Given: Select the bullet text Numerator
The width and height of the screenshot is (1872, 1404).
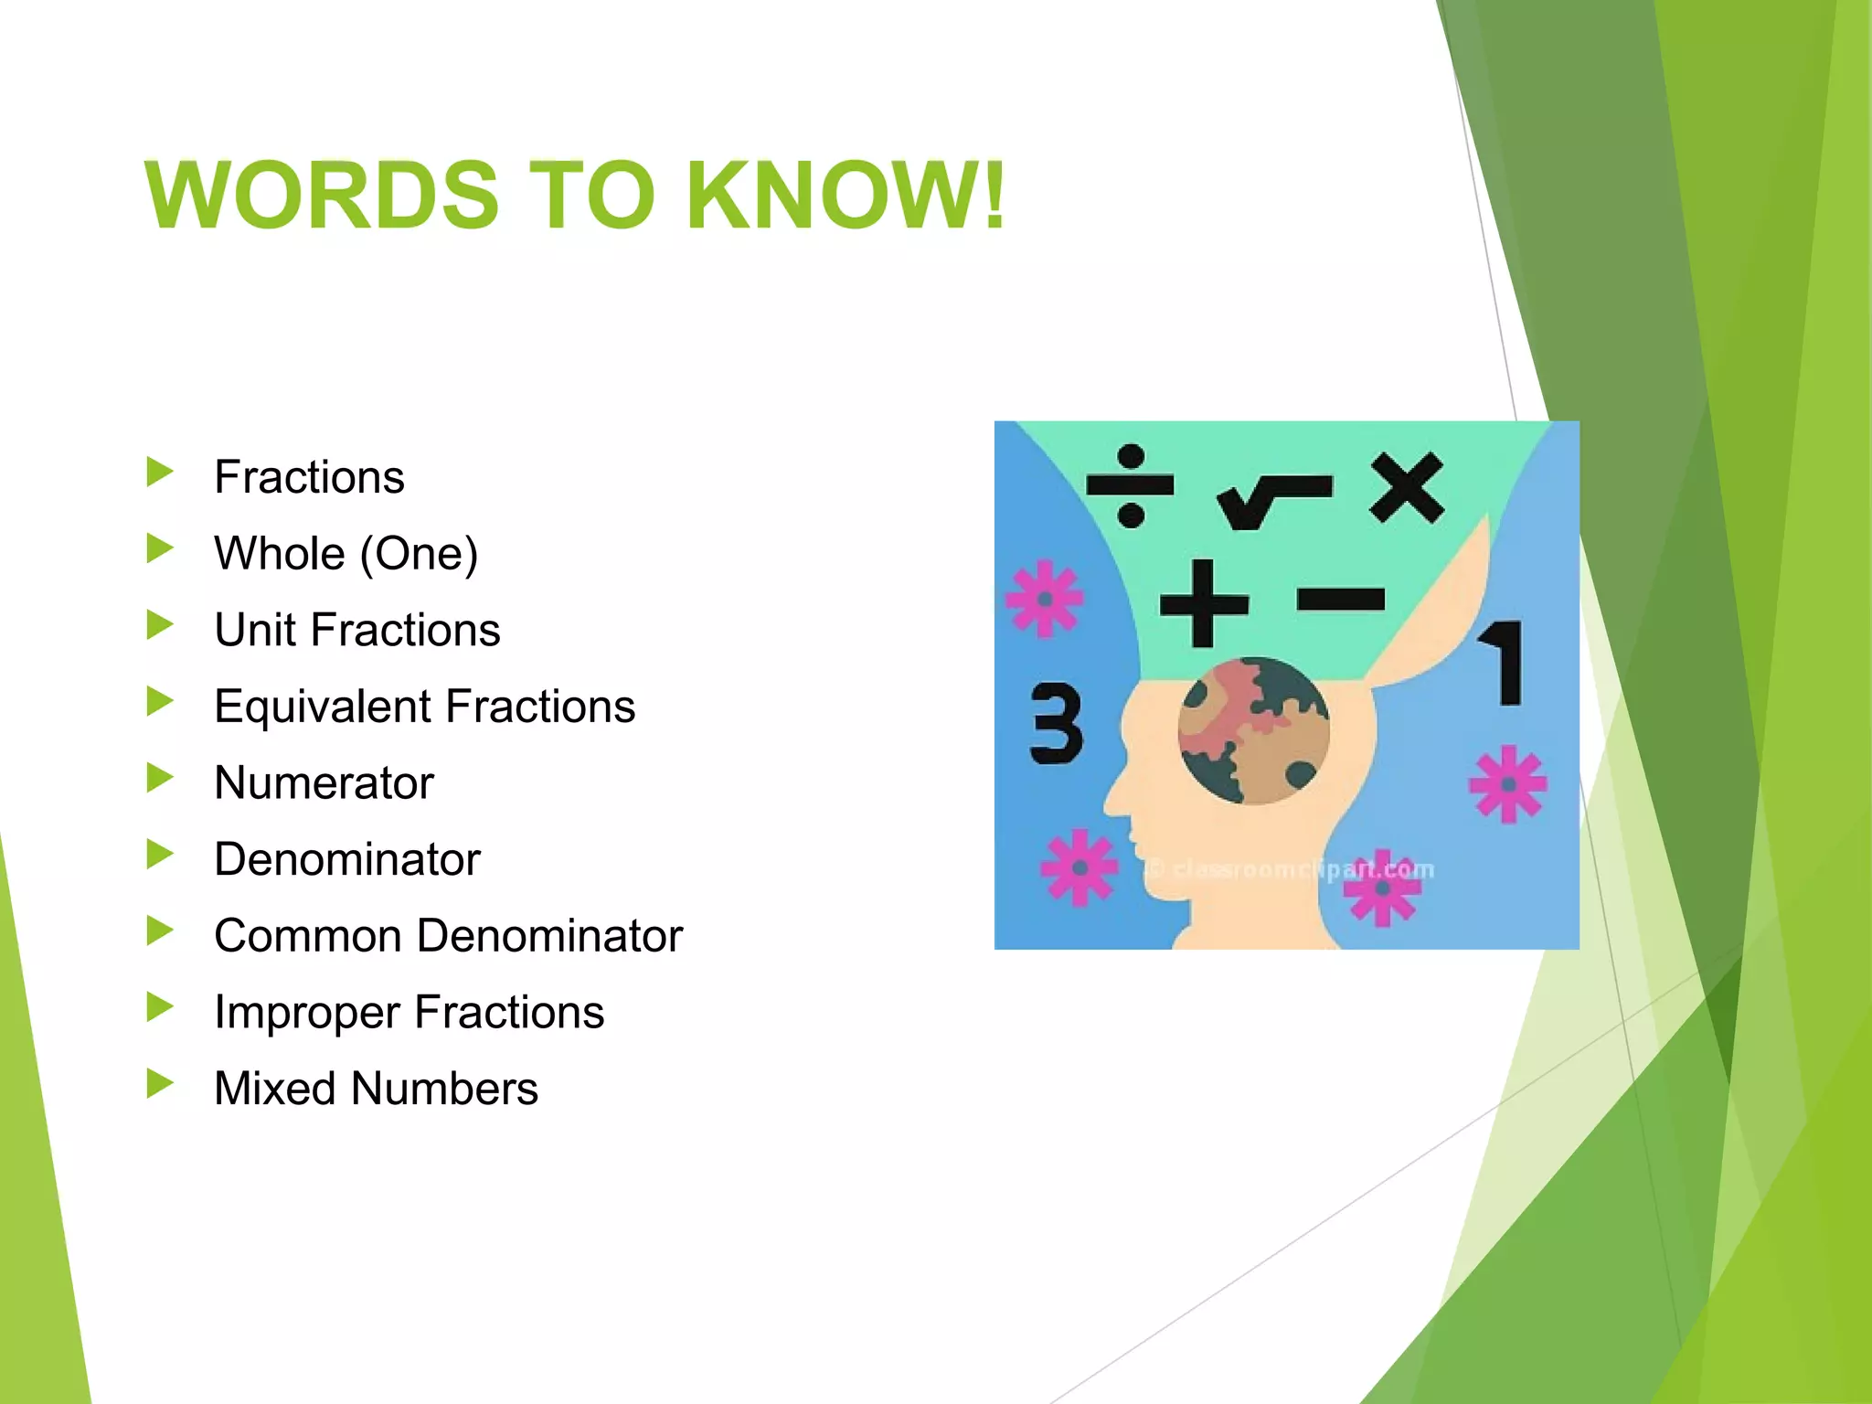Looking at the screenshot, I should pos(324,783).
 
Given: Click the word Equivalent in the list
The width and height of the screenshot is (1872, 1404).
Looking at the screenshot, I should pos(323,707).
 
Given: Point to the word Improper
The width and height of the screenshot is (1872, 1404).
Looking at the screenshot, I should pos(306,1013).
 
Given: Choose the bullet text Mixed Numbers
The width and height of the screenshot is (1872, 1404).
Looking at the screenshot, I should pos(376,1089).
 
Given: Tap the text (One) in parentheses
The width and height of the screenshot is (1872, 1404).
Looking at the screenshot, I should pos(419,554).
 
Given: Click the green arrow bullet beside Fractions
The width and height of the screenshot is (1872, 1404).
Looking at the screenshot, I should pos(160,473).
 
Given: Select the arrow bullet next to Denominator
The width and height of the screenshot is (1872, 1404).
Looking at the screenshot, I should pos(160,855).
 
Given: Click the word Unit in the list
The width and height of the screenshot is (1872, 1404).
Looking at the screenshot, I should pos(255,631).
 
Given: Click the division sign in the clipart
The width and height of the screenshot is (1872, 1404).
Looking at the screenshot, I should pos(1130,485).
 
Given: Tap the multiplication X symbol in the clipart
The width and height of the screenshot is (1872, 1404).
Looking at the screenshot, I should pos(1406,488).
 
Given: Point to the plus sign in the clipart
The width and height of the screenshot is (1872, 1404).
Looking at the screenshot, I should pos(1203,603).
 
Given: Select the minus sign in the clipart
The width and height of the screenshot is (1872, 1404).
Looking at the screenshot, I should pos(1340,600).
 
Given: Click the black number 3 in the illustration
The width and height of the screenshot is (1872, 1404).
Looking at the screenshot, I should pos(1056,724).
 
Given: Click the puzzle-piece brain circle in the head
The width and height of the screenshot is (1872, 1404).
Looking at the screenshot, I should pos(1253,731).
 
